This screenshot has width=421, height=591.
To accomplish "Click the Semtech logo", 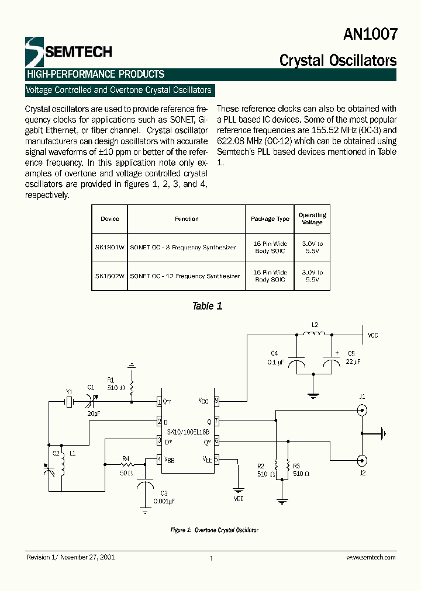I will click(x=68, y=51).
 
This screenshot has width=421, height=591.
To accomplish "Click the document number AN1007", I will click(x=370, y=34).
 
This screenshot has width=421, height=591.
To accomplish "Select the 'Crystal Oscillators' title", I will click(x=337, y=60).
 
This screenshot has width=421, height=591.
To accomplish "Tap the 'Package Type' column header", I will click(x=270, y=219).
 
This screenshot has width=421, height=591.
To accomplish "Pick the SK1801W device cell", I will click(x=109, y=248).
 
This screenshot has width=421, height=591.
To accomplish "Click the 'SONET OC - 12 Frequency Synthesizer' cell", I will click(x=185, y=276).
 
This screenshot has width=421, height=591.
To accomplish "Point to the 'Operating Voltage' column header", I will click(x=312, y=219).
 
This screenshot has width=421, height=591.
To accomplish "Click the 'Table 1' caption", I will click(x=207, y=306).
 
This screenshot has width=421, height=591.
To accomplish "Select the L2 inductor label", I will click(x=314, y=325).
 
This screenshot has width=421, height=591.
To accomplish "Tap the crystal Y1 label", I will click(x=69, y=392).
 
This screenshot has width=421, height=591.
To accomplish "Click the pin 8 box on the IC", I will click(x=216, y=402).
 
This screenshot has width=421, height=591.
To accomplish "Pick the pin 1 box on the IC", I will click(x=158, y=402).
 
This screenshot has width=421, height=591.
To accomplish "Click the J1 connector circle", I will click(x=362, y=411).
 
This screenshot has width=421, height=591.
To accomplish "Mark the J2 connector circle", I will click(x=362, y=459).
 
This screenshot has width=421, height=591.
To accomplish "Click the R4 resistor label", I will click(x=125, y=459).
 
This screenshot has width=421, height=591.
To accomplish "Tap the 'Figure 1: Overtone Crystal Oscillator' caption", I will click(x=214, y=530).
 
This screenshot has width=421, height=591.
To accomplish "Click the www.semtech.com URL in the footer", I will click(x=371, y=558).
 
